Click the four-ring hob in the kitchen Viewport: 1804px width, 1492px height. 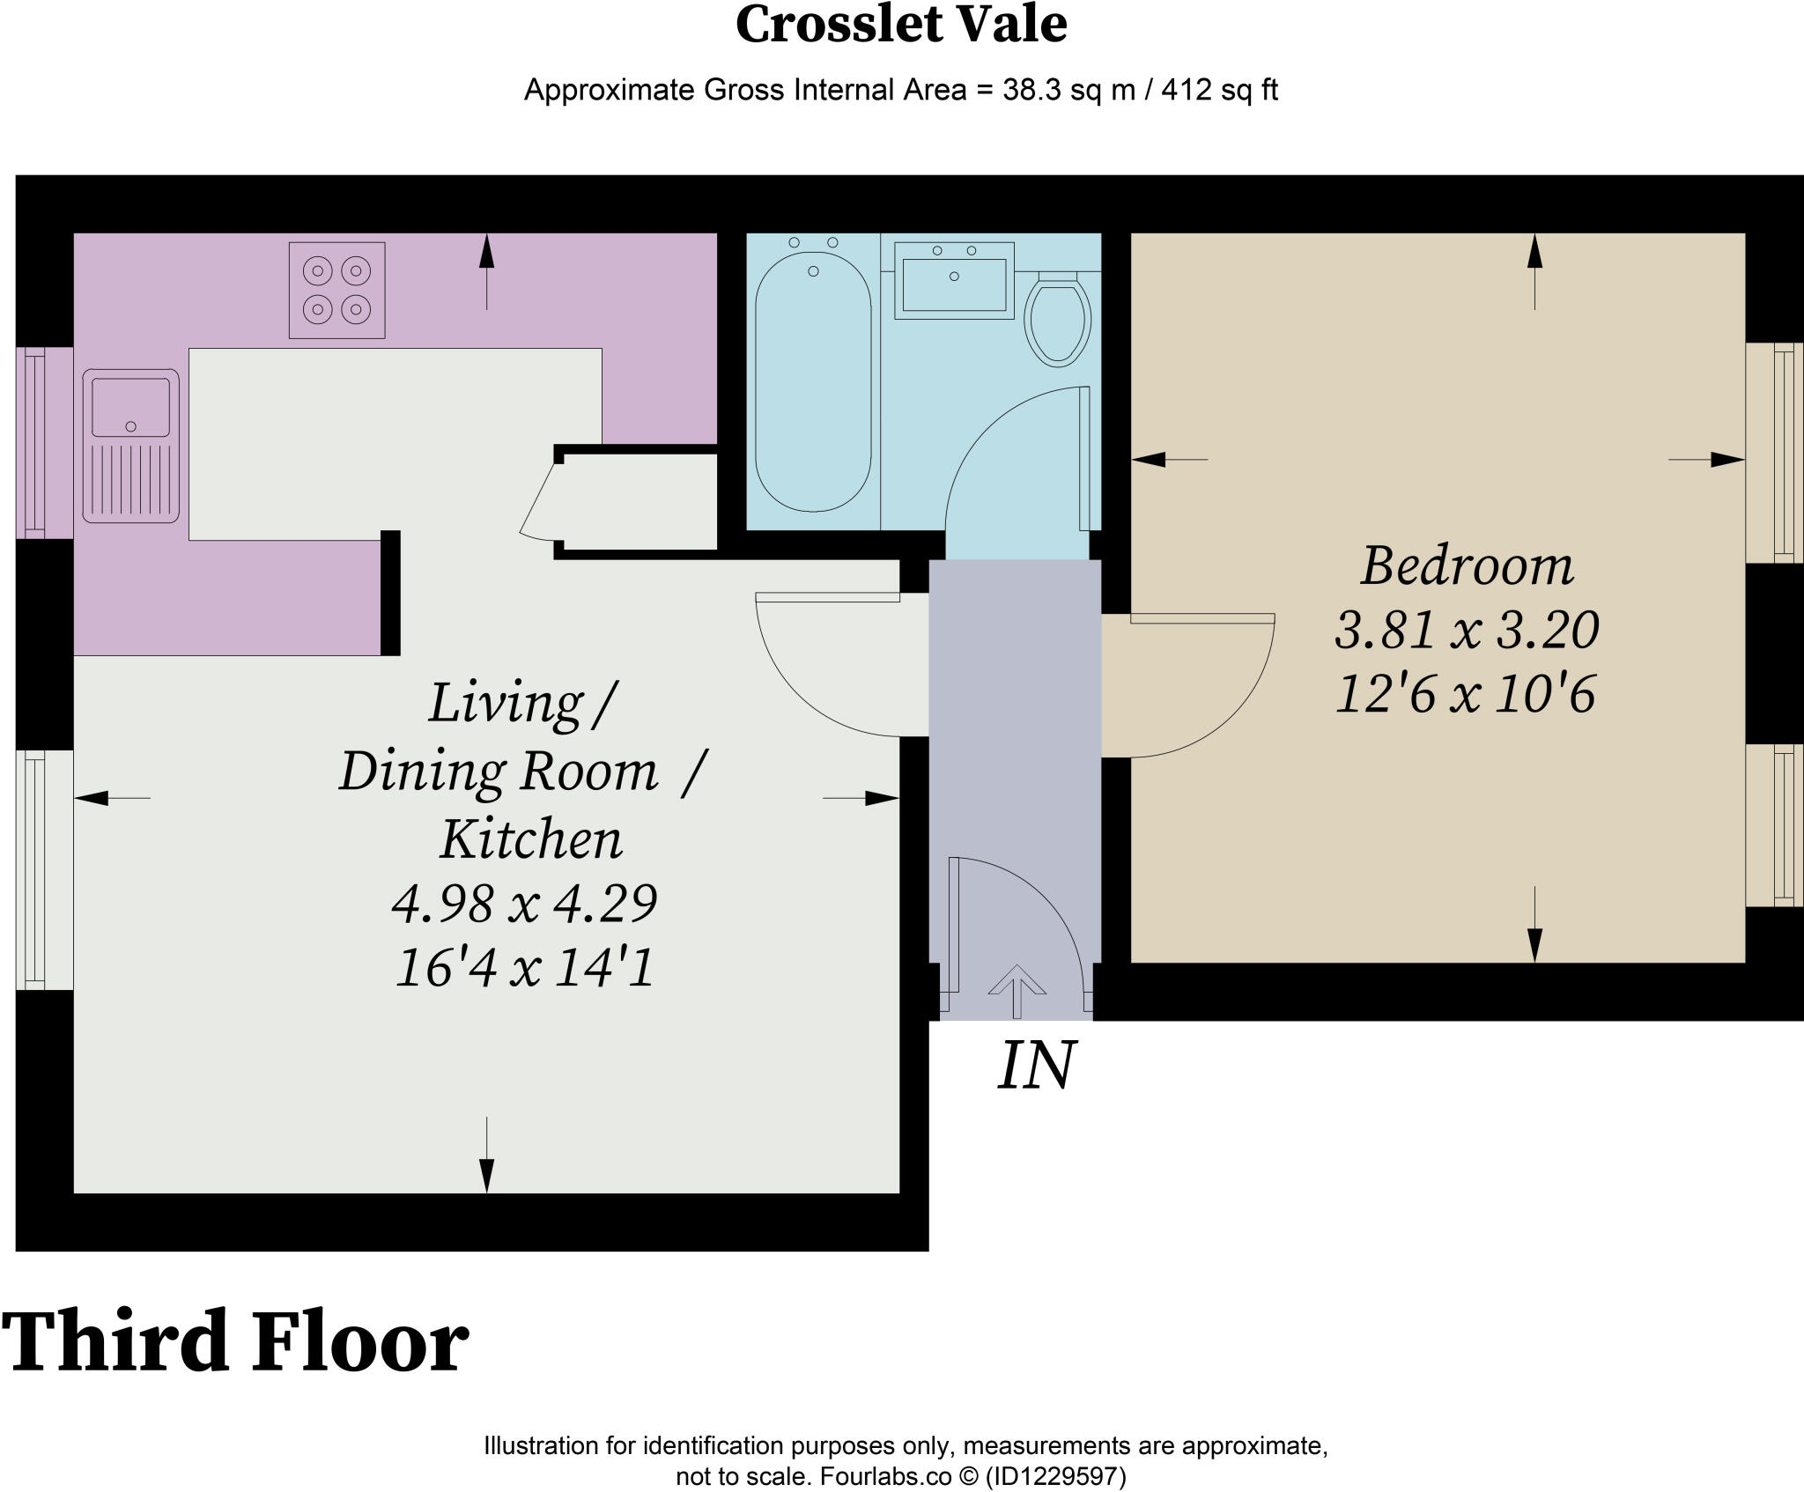(337, 290)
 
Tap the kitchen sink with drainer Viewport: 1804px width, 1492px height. (131, 446)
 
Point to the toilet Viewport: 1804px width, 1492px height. (1058, 319)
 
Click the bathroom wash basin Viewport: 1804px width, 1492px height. (954, 280)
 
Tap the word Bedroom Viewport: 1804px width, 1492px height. (1467, 565)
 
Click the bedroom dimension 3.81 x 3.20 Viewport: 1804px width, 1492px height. (1467, 630)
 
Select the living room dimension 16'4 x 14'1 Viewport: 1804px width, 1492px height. (525, 967)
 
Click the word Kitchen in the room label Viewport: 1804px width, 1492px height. (531, 838)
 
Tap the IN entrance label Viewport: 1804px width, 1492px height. (1036, 1066)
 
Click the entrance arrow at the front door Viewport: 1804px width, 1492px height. (1017, 992)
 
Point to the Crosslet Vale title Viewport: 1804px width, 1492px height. (901, 24)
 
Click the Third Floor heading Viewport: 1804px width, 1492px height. (235, 1341)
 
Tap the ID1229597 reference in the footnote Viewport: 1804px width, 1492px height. (1055, 1476)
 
